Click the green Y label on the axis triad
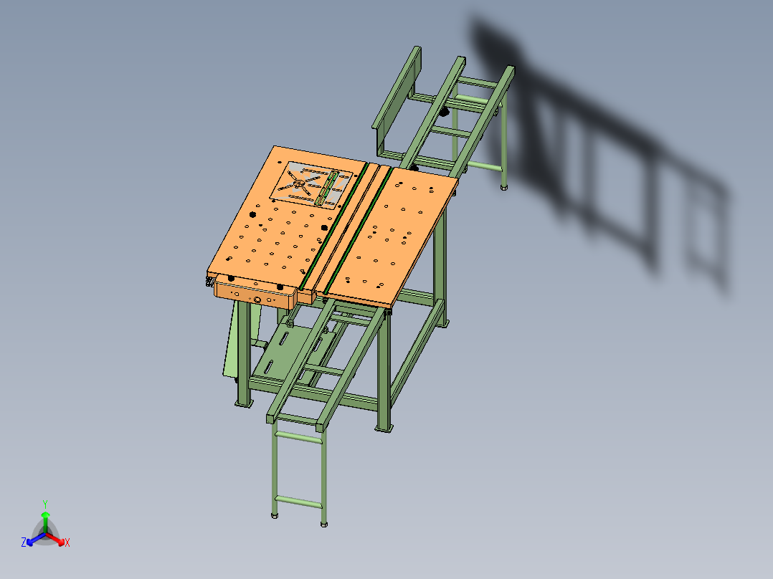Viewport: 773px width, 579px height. pyautogui.click(x=44, y=503)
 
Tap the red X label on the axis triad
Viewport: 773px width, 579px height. pyautogui.click(x=67, y=543)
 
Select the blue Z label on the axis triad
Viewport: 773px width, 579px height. pyautogui.click(x=24, y=542)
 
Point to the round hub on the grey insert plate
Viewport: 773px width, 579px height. pyautogui.click(x=298, y=183)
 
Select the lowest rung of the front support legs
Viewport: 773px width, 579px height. pyautogui.click(x=298, y=501)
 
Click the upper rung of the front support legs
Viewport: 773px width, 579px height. pyautogui.click(x=297, y=434)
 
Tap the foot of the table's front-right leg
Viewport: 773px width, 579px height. pyautogui.click(x=384, y=427)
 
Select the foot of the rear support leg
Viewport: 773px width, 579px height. pyautogui.click(x=504, y=187)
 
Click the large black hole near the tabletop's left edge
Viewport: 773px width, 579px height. pyautogui.click(x=253, y=214)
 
